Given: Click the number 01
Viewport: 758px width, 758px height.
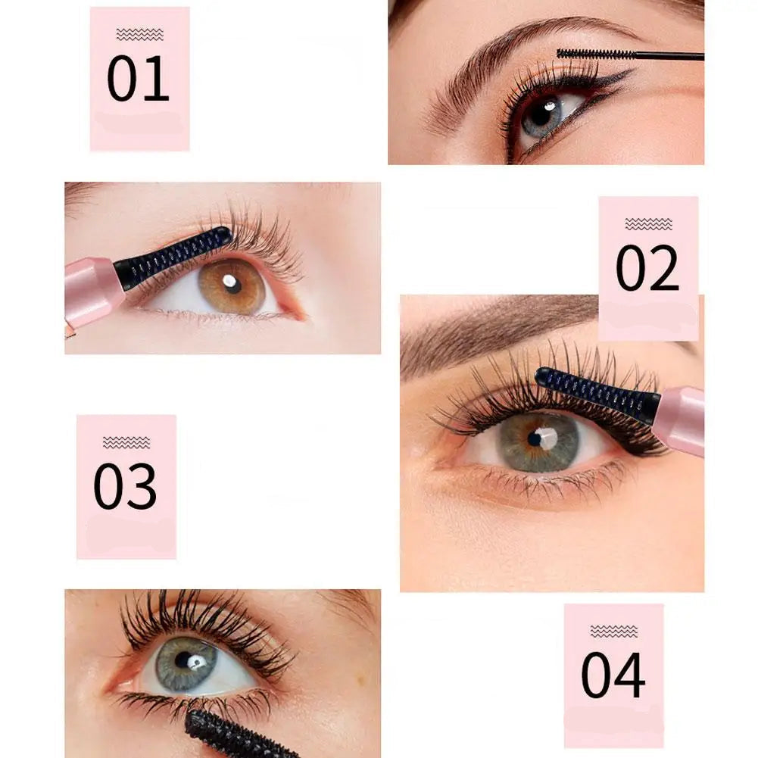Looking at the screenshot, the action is click(138, 78).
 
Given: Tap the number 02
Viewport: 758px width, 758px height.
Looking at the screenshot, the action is click(647, 268).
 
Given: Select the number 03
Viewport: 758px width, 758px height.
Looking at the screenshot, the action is click(125, 486).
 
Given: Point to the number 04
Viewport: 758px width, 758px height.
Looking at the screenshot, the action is click(613, 675).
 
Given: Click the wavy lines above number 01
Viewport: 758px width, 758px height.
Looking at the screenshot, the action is click(139, 34).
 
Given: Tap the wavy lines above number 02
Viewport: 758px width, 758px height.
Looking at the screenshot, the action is click(648, 224).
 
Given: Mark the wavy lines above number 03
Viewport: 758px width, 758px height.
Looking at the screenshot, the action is click(126, 442).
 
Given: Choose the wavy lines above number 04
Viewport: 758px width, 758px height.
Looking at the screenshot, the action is click(614, 632).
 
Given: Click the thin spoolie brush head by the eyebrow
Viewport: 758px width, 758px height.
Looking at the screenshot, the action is click(594, 55).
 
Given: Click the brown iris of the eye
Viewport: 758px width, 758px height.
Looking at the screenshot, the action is click(232, 286).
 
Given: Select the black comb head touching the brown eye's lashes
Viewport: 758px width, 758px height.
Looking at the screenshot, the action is click(173, 258).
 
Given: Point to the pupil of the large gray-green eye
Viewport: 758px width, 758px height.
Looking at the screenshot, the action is click(534, 439).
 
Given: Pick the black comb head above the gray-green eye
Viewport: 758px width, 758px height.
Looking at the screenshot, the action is click(597, 389).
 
